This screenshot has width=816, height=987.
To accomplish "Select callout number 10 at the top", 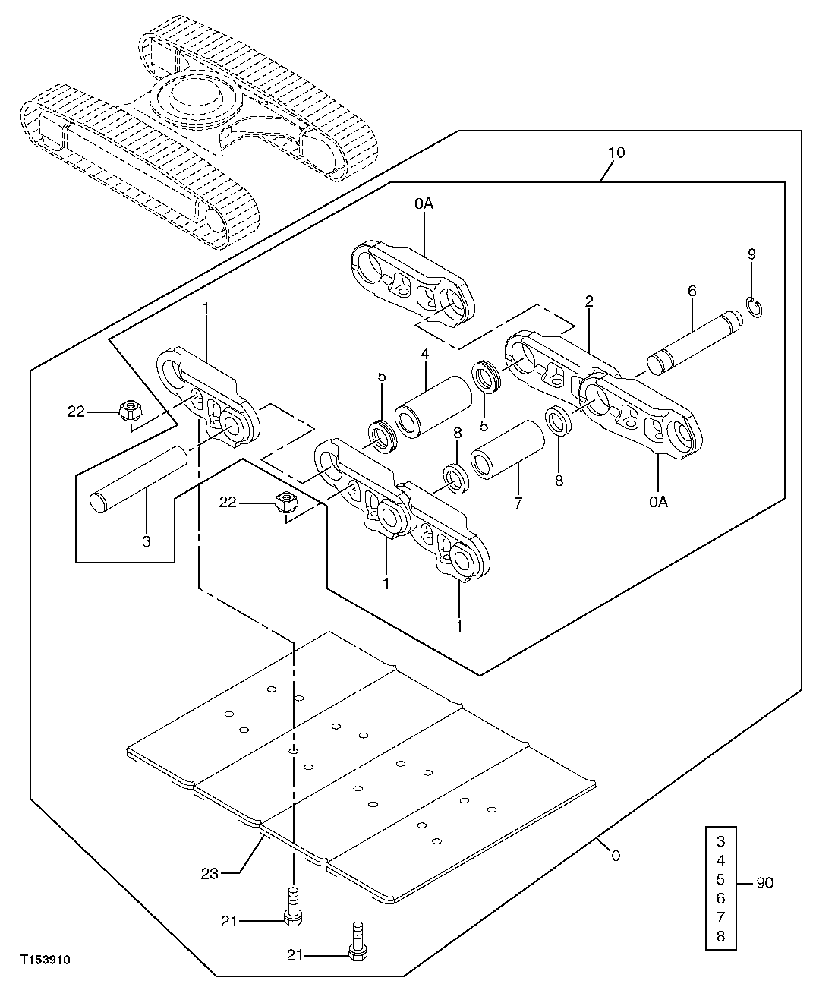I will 616,153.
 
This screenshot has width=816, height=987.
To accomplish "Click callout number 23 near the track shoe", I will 210,874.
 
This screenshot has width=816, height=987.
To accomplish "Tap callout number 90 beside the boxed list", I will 764,884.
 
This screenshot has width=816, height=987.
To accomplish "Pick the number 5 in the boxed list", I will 720,879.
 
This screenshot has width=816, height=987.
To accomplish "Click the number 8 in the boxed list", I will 720,936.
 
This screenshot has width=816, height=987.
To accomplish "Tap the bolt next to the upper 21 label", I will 292,908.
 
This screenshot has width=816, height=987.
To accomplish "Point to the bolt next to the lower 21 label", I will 356,942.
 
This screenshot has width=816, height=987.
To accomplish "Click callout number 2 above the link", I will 589,301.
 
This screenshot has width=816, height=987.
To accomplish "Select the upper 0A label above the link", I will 424,203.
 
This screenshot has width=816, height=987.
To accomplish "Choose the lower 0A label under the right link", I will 659,502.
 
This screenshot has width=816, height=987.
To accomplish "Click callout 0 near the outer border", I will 615,856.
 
